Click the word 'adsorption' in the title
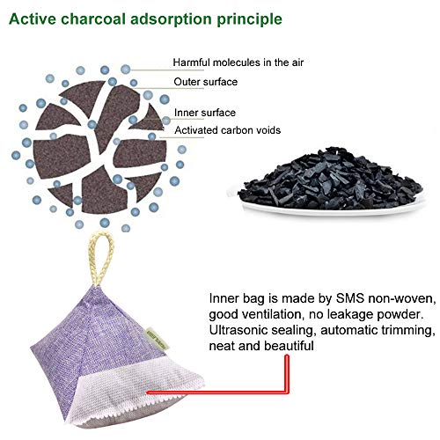(x=171, y=19)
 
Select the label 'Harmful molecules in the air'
(x=238, y=62)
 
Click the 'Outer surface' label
(x=205, y=82)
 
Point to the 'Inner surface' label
(x=205, y=113)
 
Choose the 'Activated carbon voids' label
(x=228, y=130)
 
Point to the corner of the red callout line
(x=287, y=392)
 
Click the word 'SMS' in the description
(x=349, y=298)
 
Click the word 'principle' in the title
(x=249, y=19)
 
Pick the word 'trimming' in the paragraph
(x=408, y=331)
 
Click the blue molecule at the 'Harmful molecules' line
(x=126, y=70)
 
